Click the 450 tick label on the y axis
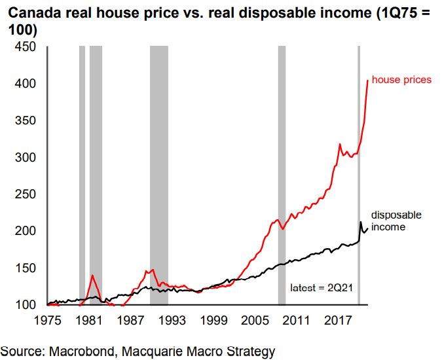pyautogui.click(x=24, y=47)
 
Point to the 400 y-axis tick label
pyautogui.click(x=24, y=84)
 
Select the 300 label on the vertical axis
pyautogui.click(x=24, y=158)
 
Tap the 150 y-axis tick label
pyautogui.click(x=24, y=268)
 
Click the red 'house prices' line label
pyautogui.click(x=401, y=80)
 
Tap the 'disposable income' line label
pyautogui.click(x=397, y=221)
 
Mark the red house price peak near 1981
pyautogui.click(x=92, y=276)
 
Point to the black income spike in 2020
pyautogui.click(x=360, y=223)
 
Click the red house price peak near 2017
pyautogui.click(x=339, y=144)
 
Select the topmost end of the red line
pyautogui.click(x=367, y=81)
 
